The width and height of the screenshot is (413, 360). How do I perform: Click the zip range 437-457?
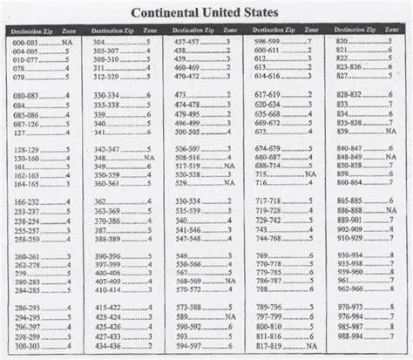point(186,42)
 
